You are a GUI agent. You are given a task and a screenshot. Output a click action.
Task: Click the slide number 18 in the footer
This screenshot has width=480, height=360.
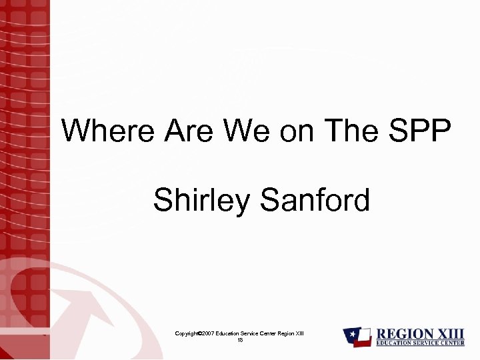pos(240,340)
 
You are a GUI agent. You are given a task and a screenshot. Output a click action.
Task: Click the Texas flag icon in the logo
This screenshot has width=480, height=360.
pos(358,337)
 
